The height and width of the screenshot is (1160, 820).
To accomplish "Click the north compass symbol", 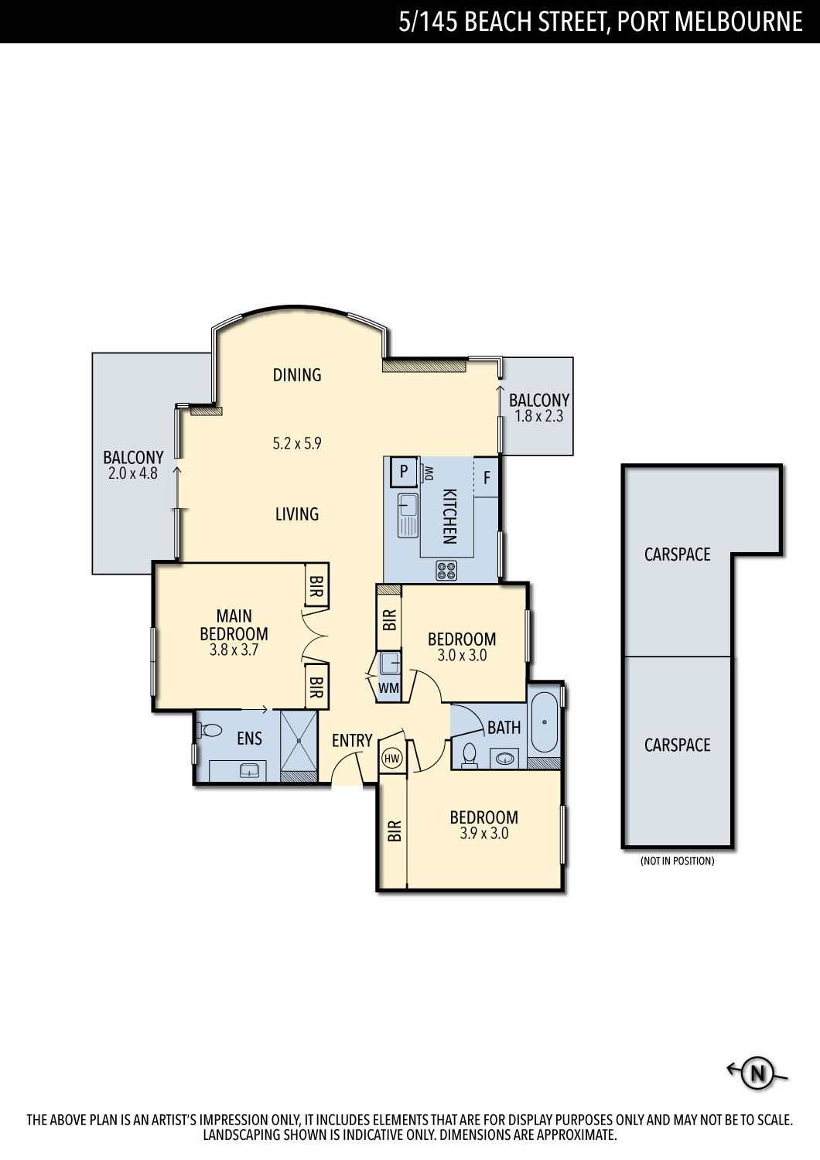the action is point(757,1072).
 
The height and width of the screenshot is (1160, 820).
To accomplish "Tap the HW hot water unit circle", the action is point(392,759).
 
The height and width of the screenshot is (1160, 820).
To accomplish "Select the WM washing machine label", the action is point(388,687).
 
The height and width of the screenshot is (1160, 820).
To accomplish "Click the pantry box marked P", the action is point(404,471).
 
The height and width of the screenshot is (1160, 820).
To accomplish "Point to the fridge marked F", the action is point(487,477).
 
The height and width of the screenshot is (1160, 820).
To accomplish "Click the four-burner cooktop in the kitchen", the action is point(446,570).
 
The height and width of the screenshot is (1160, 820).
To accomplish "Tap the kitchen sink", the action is point(408,515).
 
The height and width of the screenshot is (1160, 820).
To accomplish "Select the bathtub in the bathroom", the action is point(544,722).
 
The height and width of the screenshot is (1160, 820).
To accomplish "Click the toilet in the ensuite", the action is point(210,730).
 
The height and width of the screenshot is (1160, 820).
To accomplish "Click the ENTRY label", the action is point(352,741).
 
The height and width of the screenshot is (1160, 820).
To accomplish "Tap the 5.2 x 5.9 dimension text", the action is point(297,443).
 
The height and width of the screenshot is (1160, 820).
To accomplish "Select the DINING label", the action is point(297,374).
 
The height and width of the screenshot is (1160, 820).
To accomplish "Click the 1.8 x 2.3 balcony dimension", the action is point(538,416).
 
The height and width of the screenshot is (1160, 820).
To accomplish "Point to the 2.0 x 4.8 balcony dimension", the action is point(133,473).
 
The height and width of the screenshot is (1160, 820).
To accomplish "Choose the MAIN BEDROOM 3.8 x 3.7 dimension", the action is point(234,650).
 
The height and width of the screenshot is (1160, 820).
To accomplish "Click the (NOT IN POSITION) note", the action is point(677,861).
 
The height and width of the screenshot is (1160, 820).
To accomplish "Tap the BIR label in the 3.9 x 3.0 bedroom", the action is point(395,831).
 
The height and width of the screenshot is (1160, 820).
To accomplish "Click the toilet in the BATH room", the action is point(470,756).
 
